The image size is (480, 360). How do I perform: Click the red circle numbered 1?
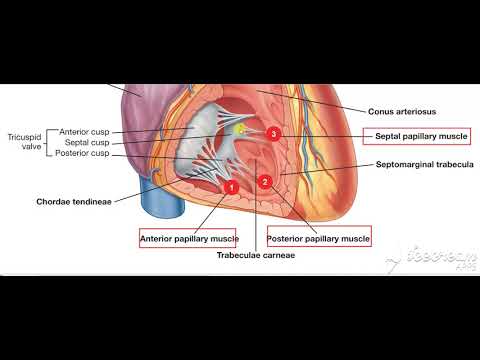point(229,186)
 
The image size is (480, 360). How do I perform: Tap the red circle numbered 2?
point(265,181)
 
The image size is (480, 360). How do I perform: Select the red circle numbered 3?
point(274,133)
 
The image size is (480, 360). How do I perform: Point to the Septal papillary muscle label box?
point(421,135)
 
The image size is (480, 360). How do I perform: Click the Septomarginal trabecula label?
point(424,164)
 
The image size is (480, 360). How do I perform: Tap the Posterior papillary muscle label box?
point(319,239)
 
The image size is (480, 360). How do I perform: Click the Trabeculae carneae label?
point(258,255)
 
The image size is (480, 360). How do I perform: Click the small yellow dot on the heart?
point(240,129)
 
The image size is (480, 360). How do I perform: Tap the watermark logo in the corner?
point(432,256)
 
